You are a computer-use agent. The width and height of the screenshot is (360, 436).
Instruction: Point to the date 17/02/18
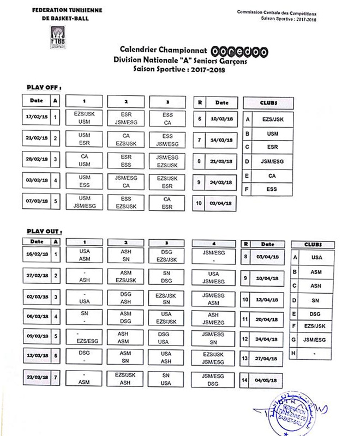point(37,118)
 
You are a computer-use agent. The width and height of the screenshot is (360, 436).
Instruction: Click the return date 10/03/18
point(221,119)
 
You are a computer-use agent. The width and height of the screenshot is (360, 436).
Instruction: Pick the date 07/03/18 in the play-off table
point(37,201)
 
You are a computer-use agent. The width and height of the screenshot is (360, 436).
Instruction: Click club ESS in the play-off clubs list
point(272,189)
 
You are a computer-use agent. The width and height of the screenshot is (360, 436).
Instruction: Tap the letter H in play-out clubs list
point(295,354)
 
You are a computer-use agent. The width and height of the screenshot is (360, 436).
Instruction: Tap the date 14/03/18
point(221,140)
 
